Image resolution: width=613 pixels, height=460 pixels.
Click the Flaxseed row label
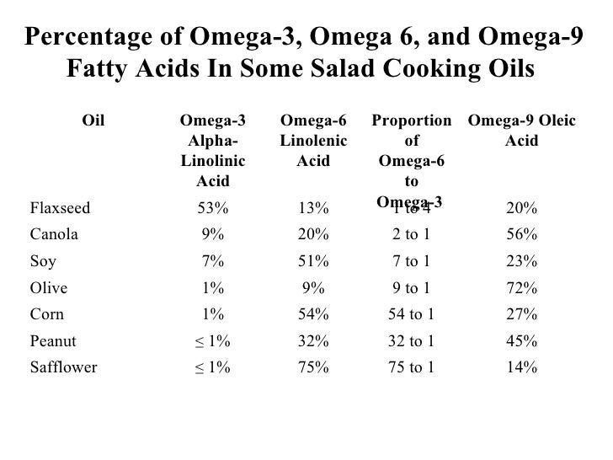(x=61, y=209)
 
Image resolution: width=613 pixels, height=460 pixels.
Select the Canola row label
(x=54, y=235)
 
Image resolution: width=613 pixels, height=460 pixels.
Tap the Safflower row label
(x=63, y=367)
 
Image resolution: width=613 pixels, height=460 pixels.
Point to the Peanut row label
(x=53, y=341)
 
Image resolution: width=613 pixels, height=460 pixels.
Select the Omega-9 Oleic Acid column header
(x=521, y=131)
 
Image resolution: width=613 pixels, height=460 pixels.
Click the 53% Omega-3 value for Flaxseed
(x=212, y=209)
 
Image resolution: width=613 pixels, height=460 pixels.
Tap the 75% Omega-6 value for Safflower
(x=313, y=367)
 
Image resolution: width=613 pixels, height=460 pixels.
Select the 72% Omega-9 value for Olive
(x=522, y=288)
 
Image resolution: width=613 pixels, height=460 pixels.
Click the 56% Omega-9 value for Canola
(x=522, y=235)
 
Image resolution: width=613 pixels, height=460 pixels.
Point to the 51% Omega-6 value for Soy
(x=313, y=262)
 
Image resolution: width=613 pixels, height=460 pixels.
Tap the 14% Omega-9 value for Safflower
(x=522, y=367)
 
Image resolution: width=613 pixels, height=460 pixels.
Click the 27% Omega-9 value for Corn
(x=522, y=314)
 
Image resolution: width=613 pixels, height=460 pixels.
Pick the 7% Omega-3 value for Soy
(x=212, y=262)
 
